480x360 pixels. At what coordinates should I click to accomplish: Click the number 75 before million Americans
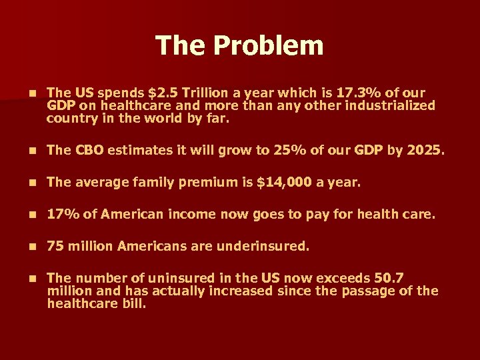[55, 247]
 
